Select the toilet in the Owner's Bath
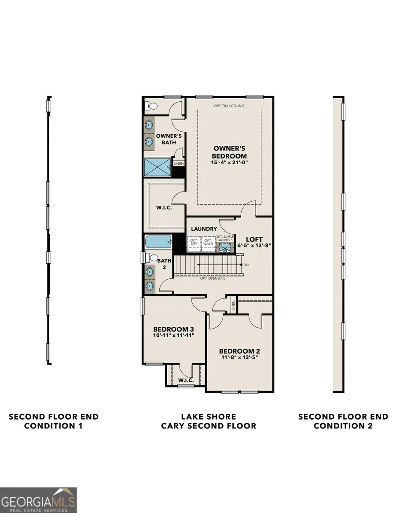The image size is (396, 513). (x=151, y=106)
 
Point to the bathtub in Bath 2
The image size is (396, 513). (x=158, y=242)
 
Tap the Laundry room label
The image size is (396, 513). (x=203, y=229)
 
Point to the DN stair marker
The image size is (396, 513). (x=246, y=265)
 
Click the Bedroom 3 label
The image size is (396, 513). (x=173, y=329)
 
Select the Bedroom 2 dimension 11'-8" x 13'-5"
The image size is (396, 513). (x=239, y=358)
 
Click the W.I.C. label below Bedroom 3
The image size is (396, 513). (x=186, y=380)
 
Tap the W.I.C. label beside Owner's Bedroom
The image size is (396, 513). (x=164, y=207)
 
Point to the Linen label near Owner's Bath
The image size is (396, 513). (x=178, y=163)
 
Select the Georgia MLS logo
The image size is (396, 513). (x=39, y=500)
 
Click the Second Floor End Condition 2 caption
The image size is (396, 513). (x=343, y=421)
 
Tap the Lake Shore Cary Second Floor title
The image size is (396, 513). (x=209, y=421)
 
